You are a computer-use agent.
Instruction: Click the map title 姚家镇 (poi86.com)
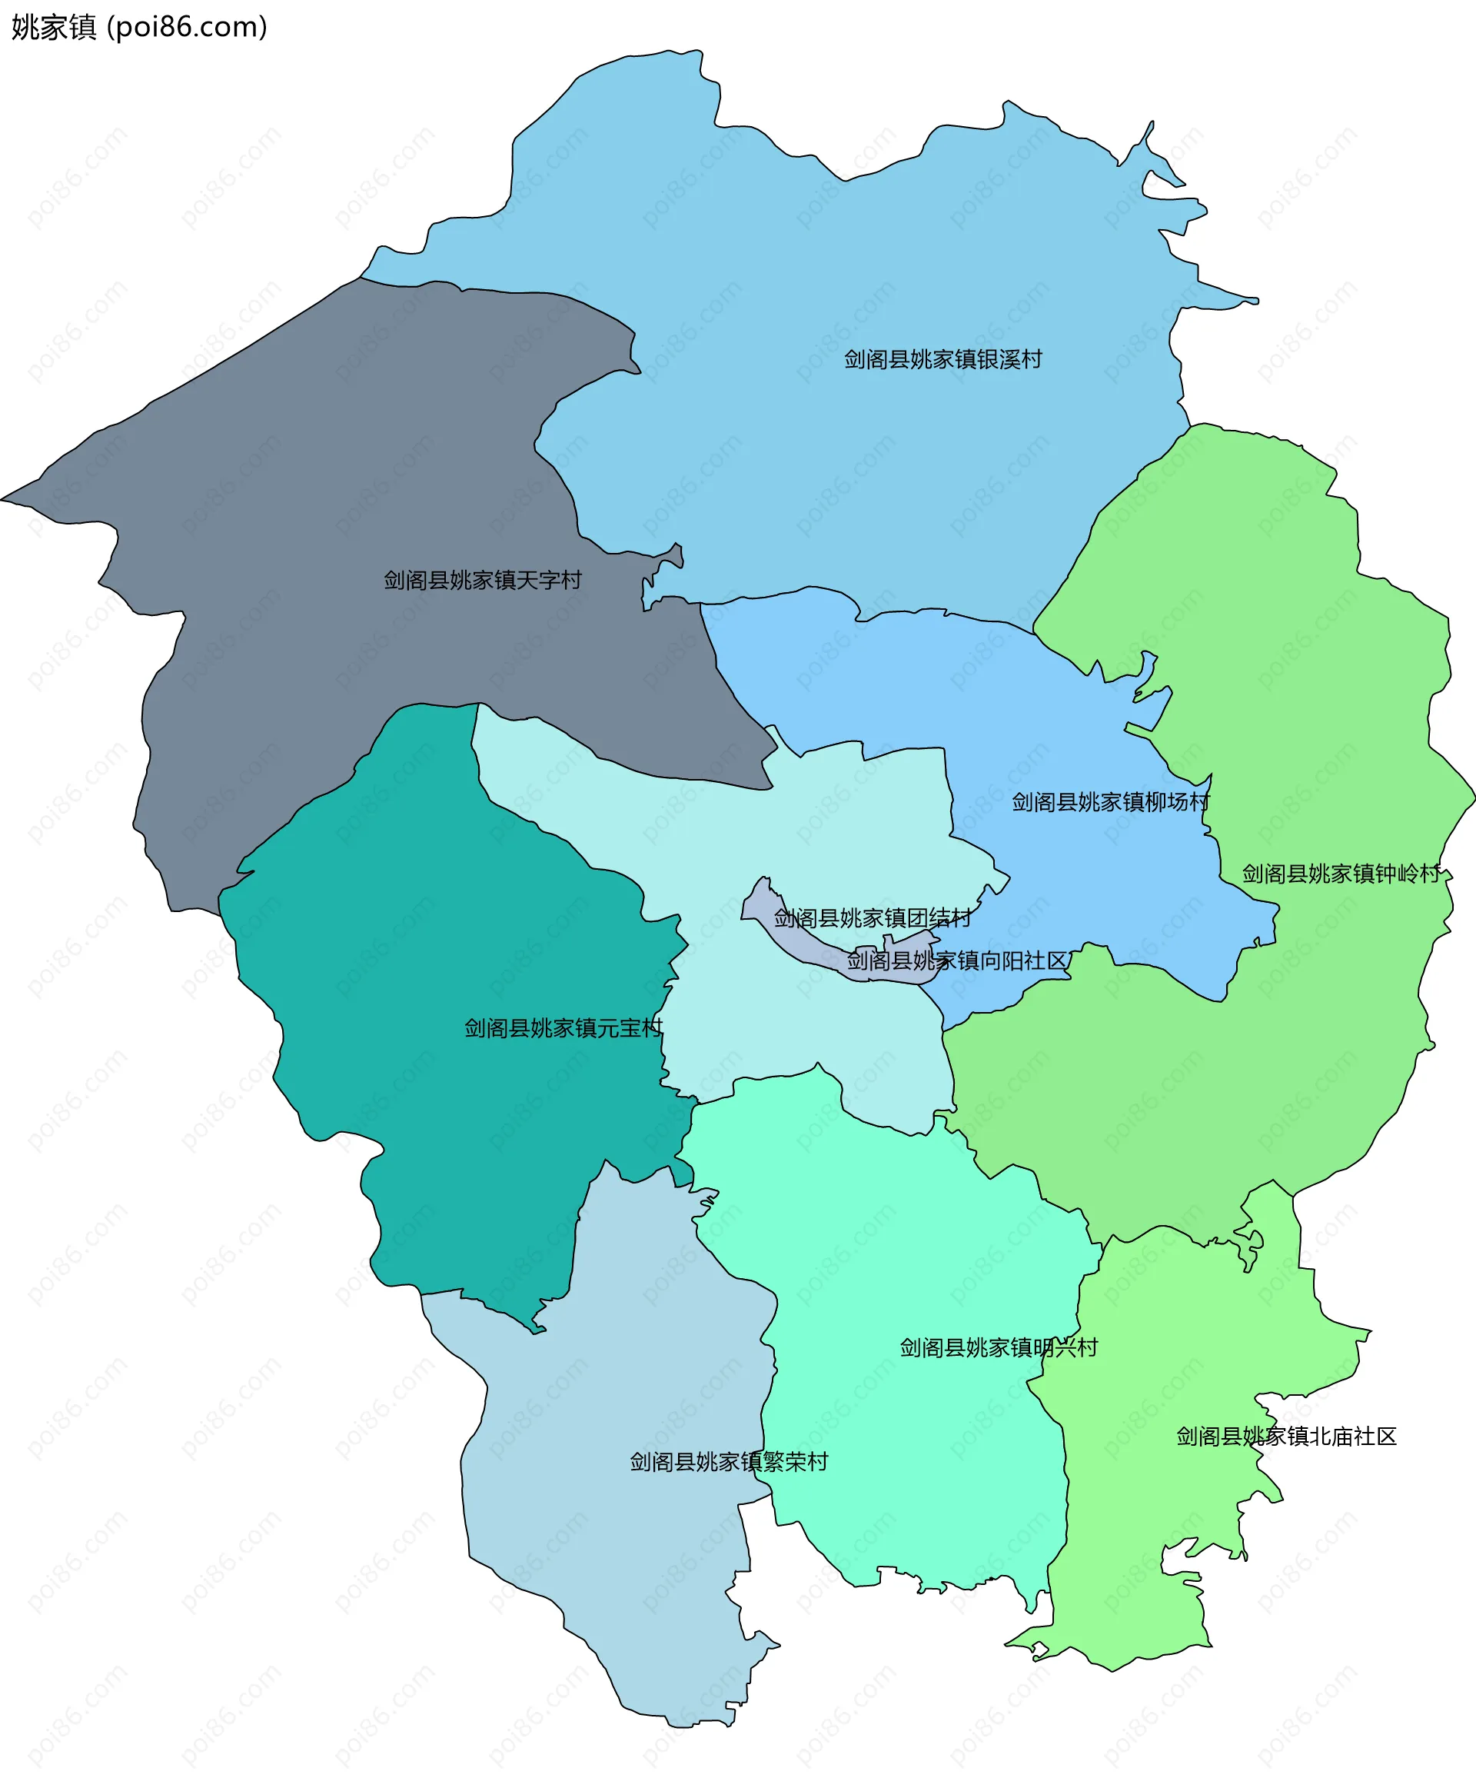click(140, 27)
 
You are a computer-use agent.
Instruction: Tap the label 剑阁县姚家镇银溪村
click(942, 359)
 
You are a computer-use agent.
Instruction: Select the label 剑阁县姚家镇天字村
click(483, 580)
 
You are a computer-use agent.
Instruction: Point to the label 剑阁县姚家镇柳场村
click(1110, 802)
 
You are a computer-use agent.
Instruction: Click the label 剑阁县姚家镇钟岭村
click(1341, 874)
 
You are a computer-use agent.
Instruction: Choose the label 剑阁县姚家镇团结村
click(872, 917)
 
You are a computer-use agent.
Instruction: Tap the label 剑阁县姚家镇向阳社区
click(957, 960)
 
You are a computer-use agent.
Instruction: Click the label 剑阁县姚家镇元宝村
click(563, 1028)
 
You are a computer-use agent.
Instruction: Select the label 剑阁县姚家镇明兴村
click(999, 1347)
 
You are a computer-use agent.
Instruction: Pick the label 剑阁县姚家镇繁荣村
click(729, 1461)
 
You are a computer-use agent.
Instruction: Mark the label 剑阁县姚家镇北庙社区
click(1286, 1436)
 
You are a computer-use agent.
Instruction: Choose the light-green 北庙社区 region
click(1185, 1524)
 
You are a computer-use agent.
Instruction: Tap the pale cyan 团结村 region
click(762, 830)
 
